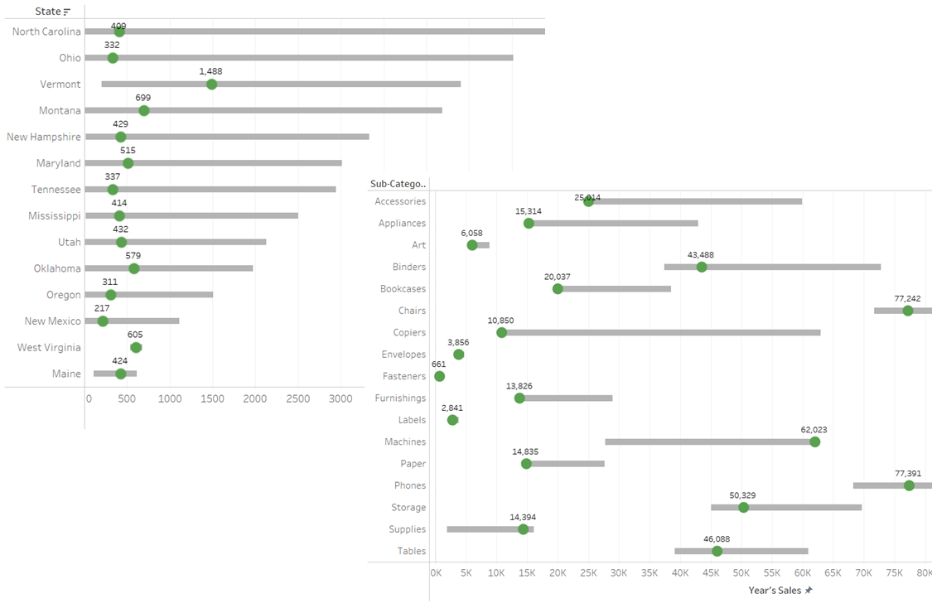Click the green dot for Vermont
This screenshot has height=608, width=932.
click(211, 84)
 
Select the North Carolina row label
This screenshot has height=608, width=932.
click(46, 31)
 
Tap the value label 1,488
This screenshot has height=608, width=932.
click(210, 71)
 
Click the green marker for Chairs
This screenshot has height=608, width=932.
click(908, 311)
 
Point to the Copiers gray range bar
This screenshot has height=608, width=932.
click(663, 332)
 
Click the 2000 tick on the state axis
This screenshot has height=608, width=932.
click(255, 398)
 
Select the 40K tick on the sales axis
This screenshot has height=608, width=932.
click(679, 572)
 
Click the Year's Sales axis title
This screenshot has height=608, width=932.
click(775, 591)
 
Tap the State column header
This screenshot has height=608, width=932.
click(48, 12)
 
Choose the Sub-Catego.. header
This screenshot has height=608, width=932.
click(398, 184)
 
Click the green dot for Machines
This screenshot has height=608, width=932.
click(814, 442)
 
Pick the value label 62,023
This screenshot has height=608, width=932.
click(814, 430)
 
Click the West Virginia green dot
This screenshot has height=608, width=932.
click(136, 348)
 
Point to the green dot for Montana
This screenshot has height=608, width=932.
click(143, 111)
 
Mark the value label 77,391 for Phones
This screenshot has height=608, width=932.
click(908, 474)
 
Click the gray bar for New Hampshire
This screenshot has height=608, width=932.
click(249, 137)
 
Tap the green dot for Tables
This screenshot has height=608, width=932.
click(717, 552)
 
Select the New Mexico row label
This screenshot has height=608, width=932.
click(53, 321)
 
